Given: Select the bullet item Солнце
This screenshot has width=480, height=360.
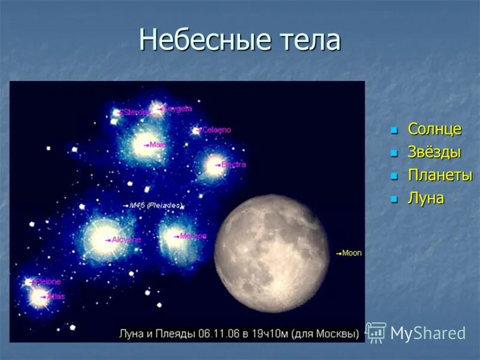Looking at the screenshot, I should coord(434,129).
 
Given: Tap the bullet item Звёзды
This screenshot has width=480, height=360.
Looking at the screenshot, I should coord(434,152).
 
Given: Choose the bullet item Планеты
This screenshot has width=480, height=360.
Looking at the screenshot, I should coord(440,175).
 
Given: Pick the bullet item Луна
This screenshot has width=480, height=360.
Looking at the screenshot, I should coord(426,199).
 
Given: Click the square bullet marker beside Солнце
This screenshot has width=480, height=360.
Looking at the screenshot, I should coord(394,130).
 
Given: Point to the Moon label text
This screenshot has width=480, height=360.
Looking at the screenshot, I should coord(352,253).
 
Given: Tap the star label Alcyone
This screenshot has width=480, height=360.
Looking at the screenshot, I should coord(127,239).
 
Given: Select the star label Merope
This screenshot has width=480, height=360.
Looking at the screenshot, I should coord(193,236).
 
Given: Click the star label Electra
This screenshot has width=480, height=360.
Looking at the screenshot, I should coord(233,164).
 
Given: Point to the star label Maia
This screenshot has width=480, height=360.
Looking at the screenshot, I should coord(158,145).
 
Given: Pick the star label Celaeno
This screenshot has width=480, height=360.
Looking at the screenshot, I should coord(216,130).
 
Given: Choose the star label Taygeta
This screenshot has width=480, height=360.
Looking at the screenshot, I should coord(178,109).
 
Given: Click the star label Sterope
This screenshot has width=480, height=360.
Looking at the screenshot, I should coord(137,112).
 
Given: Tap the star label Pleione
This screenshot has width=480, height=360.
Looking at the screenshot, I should coord(48,281).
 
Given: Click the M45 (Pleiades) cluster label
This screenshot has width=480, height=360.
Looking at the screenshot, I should coord(155,205).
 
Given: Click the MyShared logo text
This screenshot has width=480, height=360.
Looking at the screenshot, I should coord(428,333).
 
